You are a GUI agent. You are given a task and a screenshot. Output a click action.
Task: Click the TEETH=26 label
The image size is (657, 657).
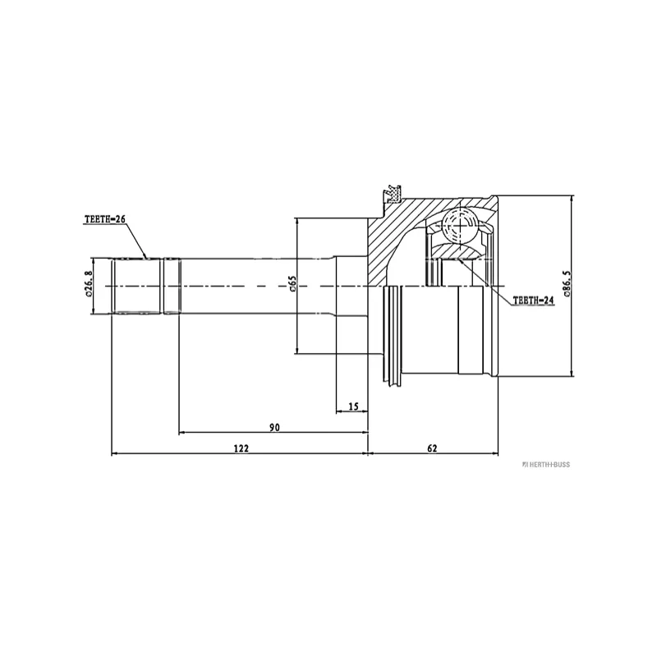103,220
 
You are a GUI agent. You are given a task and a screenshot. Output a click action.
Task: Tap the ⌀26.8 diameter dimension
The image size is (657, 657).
88,285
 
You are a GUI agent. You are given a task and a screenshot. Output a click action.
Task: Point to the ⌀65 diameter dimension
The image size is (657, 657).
292,285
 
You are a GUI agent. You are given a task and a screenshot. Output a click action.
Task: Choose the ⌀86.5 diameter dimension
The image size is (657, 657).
567,285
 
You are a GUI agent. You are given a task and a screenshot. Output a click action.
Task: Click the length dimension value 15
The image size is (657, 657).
354,406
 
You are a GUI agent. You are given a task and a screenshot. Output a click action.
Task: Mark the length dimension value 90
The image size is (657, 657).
274,427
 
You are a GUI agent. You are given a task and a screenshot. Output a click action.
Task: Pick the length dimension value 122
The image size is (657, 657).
241,448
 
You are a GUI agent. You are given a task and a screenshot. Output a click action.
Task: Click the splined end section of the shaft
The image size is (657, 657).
136,285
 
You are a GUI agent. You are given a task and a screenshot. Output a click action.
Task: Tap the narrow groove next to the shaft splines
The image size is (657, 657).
162,285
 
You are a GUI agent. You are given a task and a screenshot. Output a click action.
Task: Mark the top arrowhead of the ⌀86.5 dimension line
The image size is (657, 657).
572,200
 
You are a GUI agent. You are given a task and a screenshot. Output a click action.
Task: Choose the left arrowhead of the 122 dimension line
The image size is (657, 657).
114,453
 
